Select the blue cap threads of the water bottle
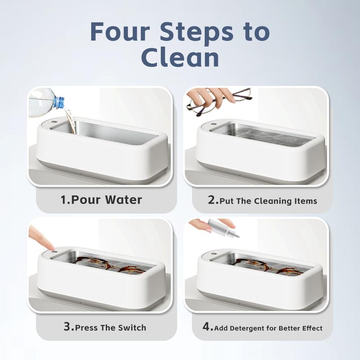pos(59,103)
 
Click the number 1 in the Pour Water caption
pos(63,200)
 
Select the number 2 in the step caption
pos(211,200)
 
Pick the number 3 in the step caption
pos(67,327)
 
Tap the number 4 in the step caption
pos(206,327)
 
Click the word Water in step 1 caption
pos(124,200)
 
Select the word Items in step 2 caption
pos(306,201)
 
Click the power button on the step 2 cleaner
pos(213,124)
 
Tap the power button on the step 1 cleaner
pos(54,121)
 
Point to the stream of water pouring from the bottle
pos(70,121)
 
